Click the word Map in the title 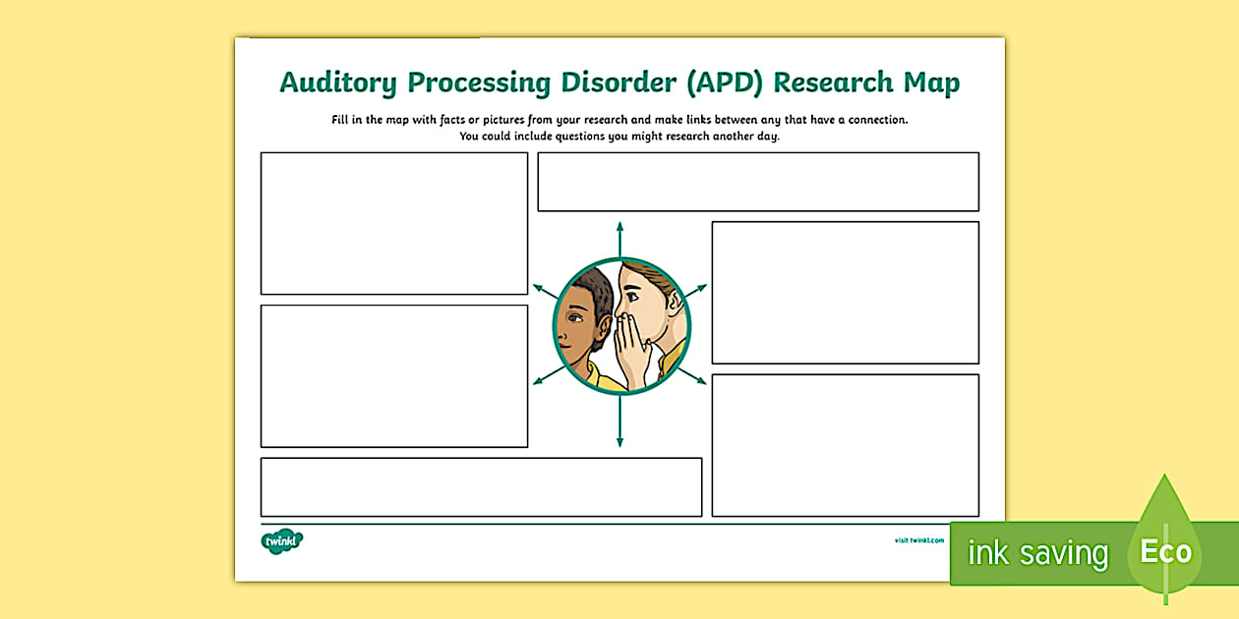click(x=930, y=84)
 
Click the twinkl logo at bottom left click(x=282, y=541)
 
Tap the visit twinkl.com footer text click(x=918, y=539)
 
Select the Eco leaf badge click(x=1165, y=550)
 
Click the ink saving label click(x=1037, y=553)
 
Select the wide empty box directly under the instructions click(x=757, y=182)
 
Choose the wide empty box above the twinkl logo click(x=481, y=486)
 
